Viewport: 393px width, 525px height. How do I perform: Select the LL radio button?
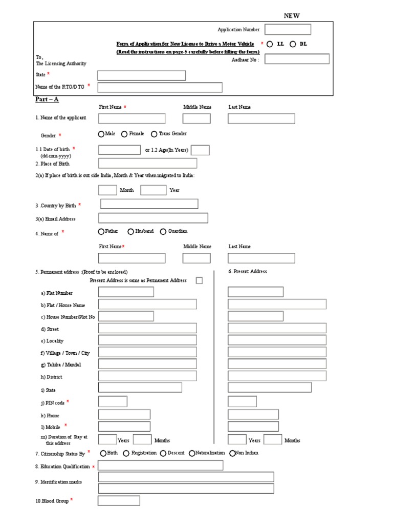coord(270,44)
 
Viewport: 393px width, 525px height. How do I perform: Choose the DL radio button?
coord(293,44)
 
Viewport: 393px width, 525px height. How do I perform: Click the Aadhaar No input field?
coord(297,59)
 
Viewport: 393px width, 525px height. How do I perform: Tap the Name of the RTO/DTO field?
coord(160,87)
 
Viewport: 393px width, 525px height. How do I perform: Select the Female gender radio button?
coord(125,134)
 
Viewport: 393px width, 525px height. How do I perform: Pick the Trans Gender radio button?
coord(154,134)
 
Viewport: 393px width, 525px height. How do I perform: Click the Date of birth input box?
coord(119,150)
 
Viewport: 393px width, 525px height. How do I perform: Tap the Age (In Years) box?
coord(200,150)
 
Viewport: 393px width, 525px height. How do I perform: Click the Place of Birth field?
coord(147,164)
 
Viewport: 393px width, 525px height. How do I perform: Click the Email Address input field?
coord(153,218)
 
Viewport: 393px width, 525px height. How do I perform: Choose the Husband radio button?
coord(131,232)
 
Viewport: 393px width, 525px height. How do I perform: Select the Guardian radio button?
coord(163,232)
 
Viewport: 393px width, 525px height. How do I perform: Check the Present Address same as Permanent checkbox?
coord(199,280)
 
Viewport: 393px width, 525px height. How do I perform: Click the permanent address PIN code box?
coord(113,401)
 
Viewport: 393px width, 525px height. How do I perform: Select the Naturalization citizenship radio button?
coord(192,453)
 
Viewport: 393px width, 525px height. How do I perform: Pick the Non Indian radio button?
coord(233,453)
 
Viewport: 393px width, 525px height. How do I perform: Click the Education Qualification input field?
coord(160,466)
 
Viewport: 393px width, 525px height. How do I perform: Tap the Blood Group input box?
coord(119,500)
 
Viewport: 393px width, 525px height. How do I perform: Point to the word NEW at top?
coord(292,16)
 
